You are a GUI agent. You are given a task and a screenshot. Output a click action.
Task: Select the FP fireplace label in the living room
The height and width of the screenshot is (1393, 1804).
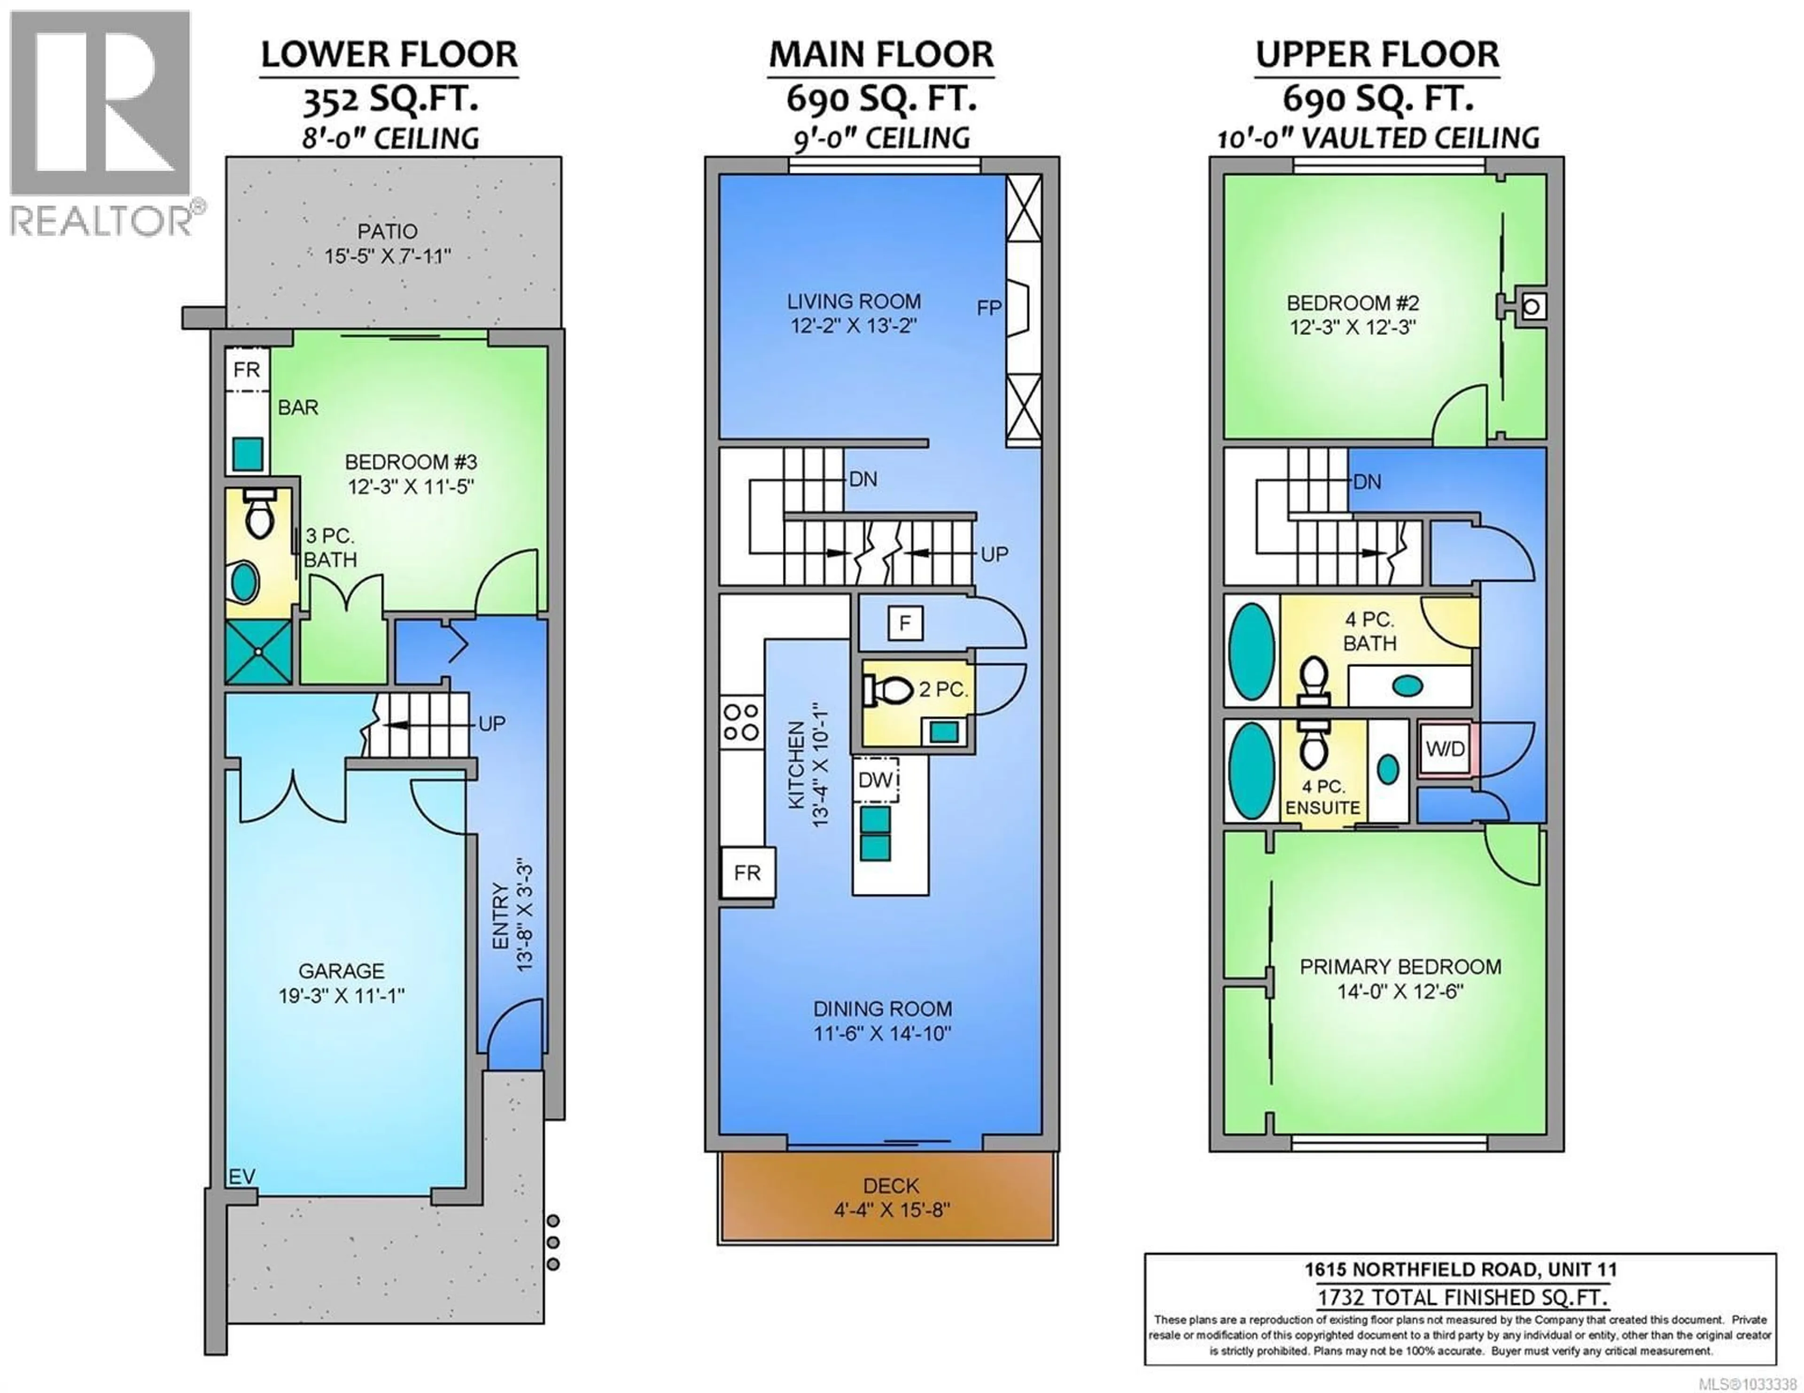[x=989, y=308]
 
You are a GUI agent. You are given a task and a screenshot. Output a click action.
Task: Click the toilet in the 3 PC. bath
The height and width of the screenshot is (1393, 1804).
[x=259, y=514]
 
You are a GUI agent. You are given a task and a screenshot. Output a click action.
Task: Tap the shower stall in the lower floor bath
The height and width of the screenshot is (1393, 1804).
[x=258, y=652]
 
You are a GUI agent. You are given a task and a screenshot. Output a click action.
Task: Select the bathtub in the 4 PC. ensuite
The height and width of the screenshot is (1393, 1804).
[x=1251, y=770]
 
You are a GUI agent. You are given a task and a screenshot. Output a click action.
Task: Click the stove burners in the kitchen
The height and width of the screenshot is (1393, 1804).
[x=741, y=722]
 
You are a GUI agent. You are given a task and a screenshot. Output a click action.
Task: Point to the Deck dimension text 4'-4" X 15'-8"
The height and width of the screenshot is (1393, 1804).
[x=891, y=1210]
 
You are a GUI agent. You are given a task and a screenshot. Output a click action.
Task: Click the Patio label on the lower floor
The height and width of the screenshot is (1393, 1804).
[x=387, y=231]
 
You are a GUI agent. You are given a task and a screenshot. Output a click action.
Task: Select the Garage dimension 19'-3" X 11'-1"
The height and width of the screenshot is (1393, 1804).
[x=341, y=996]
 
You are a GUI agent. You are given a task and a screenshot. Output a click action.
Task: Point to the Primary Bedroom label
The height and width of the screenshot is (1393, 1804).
[x=1400, y=966]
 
